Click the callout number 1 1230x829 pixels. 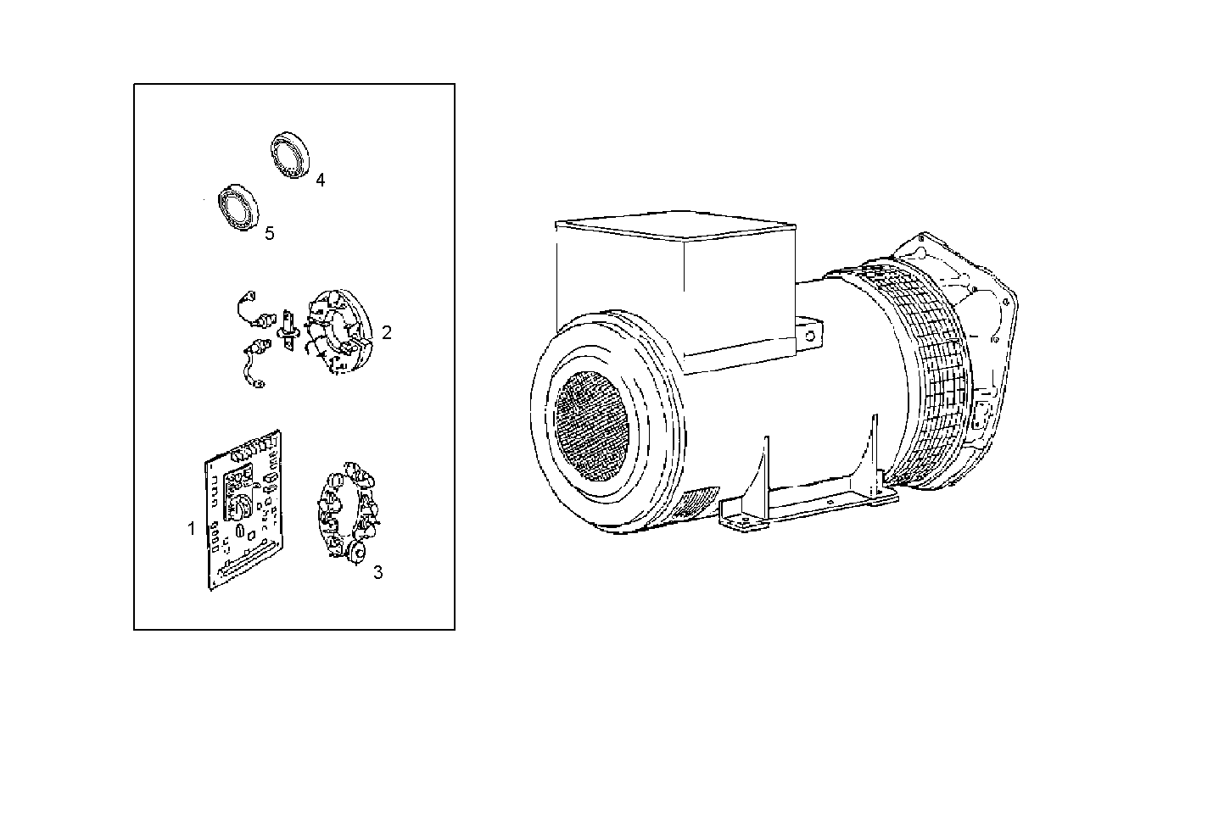click(192, 528)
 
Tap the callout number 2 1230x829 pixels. click(387, 332)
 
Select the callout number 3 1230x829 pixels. click(378, 572)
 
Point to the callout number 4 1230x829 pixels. click(320, 180)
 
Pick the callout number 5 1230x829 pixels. click(270, 234)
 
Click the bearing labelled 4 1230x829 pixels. click(291, 156)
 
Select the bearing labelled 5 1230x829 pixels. click(238, 205)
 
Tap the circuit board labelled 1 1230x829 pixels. click(245, 509)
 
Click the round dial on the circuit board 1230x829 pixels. click(240, 507)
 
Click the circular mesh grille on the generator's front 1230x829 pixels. click(591, 424)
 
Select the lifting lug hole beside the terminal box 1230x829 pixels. click(810, 335)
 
